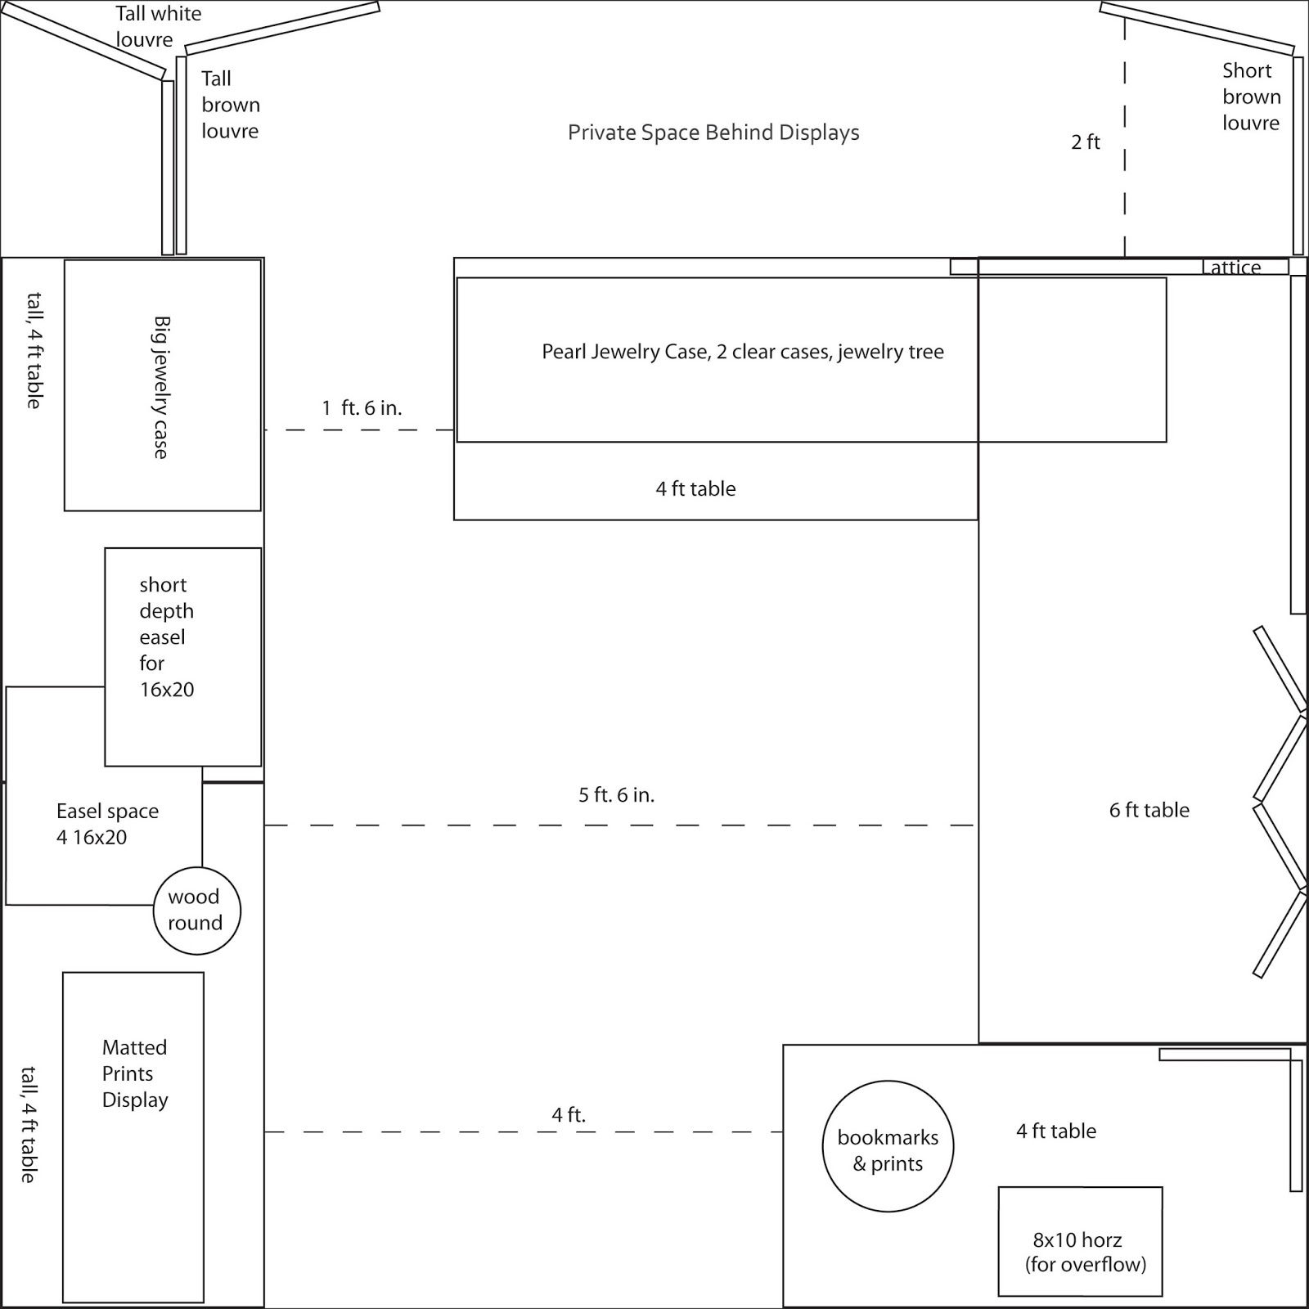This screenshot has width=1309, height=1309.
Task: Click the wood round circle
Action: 196,910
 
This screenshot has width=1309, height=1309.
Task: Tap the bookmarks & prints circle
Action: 888,1145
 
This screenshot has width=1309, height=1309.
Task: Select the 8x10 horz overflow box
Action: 1080,1241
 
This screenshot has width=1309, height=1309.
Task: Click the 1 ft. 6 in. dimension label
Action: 362,408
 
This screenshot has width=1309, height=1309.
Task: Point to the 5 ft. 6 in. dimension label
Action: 616,795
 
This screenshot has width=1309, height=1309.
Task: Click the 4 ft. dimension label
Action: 569,1114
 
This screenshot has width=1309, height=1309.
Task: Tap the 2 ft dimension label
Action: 1086,142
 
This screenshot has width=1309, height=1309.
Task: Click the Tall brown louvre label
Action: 230,105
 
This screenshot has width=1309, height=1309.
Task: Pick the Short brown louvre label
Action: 1251,97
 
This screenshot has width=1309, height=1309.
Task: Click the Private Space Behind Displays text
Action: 713,133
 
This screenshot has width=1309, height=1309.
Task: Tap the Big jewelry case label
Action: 161,387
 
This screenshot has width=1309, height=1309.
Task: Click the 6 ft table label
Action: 1149,810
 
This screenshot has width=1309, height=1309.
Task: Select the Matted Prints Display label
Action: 135,1073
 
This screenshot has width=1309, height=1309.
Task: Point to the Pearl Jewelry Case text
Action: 742,352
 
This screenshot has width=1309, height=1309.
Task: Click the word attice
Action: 1235,268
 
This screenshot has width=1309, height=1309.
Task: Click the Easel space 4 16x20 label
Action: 107,824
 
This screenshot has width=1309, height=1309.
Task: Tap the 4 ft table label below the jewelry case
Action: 695,489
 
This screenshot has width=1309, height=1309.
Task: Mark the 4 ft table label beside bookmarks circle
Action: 1055,1131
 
